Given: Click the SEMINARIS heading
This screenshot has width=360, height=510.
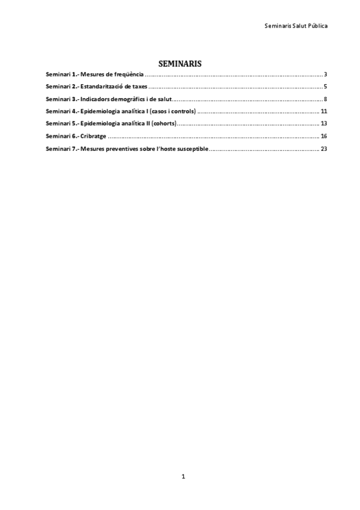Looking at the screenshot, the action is click(x=180, y=63).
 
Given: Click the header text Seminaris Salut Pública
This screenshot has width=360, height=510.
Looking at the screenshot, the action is click(x=296, y=26).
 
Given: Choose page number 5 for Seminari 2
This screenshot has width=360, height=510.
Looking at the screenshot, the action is click(x=325, y=87).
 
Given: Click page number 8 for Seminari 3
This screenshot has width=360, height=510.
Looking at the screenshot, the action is click(x=325, y=99).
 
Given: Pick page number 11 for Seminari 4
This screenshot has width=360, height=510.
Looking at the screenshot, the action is click(x=323, y=111).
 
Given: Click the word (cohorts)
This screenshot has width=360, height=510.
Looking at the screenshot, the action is click(x=163, y=123).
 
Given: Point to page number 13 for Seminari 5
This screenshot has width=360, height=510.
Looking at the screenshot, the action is click(x=323, y=123).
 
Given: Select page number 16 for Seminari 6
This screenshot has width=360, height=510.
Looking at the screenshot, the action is click(x=323, y=136).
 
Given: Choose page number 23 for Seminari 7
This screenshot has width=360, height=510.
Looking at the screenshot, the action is click(x=323, y=148).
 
